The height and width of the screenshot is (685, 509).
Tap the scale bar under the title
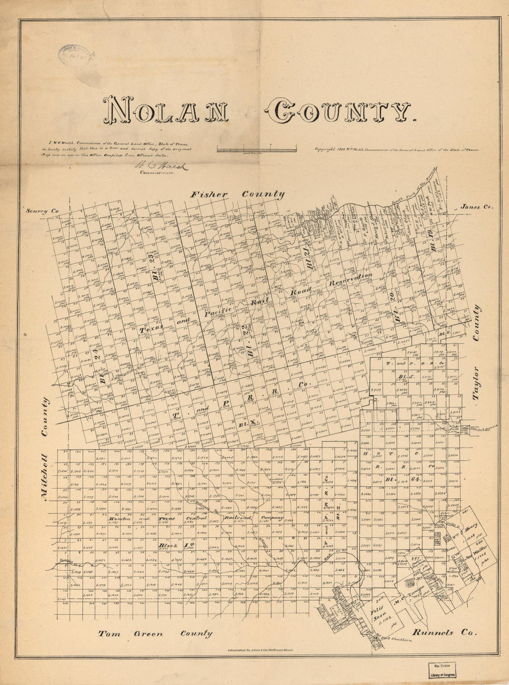pos(256,149)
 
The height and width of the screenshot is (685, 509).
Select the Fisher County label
pos(238,194)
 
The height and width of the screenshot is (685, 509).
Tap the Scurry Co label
pos(43,211)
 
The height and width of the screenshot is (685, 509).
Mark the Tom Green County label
pos(155,634)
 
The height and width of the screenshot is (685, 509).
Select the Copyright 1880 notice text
pos(397,150)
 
